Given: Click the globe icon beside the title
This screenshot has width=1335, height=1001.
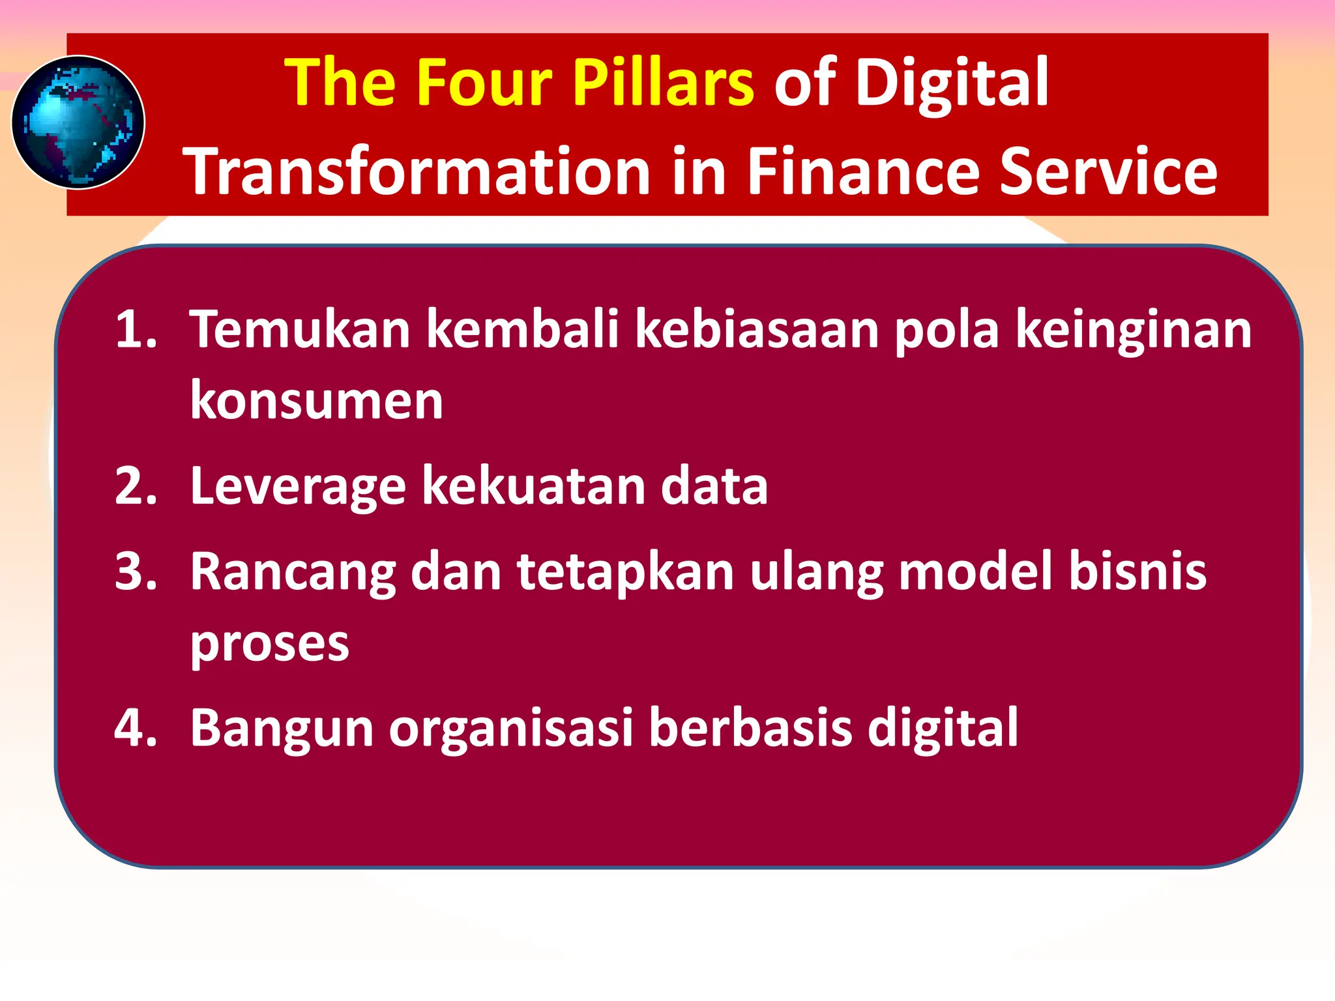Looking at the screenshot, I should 78,123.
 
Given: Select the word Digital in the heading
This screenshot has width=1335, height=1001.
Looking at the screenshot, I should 951,83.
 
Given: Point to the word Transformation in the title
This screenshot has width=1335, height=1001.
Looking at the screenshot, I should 417,171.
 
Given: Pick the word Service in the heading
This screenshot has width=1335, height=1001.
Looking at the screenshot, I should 1108,171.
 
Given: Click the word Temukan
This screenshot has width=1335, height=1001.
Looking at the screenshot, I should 300,329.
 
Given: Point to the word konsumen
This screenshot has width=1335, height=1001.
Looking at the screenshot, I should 317,401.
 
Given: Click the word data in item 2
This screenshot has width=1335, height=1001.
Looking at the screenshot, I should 714,486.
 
